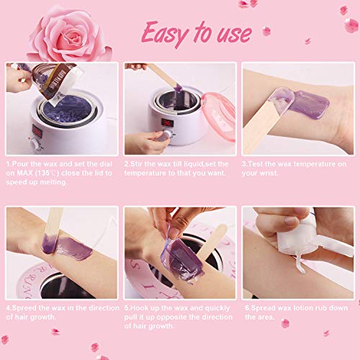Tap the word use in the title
pyautogui.click(x=234, y=35)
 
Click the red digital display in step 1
pyautogui.click(x=37, y=132)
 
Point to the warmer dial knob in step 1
pyautogui.click(x=37, y=145)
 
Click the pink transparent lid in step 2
pyautogui.click(x=218, y=116)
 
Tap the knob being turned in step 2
pyautogui.click(x=166, y=135)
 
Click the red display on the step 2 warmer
pyautogui.click(x=167, y=122)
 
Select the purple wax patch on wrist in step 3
pyautogui.click(x=308, y=104)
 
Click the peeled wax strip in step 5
pyautogui.click(x=181, y=258)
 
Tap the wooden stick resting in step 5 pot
pyautogui.click(x=211, y=242)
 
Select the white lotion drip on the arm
pyautogui.click(x=300, y=264)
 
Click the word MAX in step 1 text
pyautogui.click(x=25, y=173)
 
